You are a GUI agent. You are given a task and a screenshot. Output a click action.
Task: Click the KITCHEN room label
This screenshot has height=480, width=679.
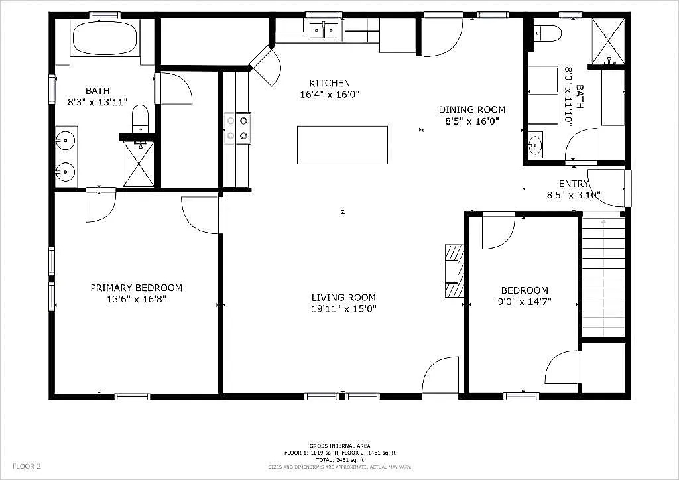point(329,83)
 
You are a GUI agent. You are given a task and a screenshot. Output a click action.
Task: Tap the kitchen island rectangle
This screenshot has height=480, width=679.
point(342,145)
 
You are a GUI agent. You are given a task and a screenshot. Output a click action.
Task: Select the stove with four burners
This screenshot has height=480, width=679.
point(237,128)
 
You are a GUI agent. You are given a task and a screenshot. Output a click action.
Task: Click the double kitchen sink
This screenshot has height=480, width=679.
point(324,30)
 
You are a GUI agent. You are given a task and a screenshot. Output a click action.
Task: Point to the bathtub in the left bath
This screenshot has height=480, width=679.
point(104,38)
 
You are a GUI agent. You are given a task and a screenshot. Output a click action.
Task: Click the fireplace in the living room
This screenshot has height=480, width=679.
point(454,271)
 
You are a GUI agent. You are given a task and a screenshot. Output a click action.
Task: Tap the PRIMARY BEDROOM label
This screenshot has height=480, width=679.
point(136,288)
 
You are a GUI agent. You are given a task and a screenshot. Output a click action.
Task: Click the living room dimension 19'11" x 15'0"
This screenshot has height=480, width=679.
point(343,308)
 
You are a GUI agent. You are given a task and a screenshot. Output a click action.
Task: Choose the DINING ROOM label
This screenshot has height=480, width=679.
point(471,110)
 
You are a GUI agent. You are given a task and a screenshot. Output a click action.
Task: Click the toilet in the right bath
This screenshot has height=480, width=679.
point(548,32)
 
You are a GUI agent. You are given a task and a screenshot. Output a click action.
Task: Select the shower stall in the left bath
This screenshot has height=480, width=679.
point(138,164)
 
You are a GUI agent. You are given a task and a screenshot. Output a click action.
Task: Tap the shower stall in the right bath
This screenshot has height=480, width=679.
point(607,40)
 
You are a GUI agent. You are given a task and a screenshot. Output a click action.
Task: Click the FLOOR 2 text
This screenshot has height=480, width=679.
point(27,466)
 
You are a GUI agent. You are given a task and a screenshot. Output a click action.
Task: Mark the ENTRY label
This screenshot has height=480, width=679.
point(574,184)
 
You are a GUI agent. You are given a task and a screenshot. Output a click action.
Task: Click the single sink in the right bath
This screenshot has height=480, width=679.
point(535,144)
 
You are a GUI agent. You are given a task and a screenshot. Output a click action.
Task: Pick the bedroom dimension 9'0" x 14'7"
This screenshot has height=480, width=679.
point(524,302)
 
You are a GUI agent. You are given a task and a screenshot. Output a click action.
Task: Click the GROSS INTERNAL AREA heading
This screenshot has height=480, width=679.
point(339,446)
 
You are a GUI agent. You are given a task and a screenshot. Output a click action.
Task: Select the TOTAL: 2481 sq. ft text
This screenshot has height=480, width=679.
point(339,459)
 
